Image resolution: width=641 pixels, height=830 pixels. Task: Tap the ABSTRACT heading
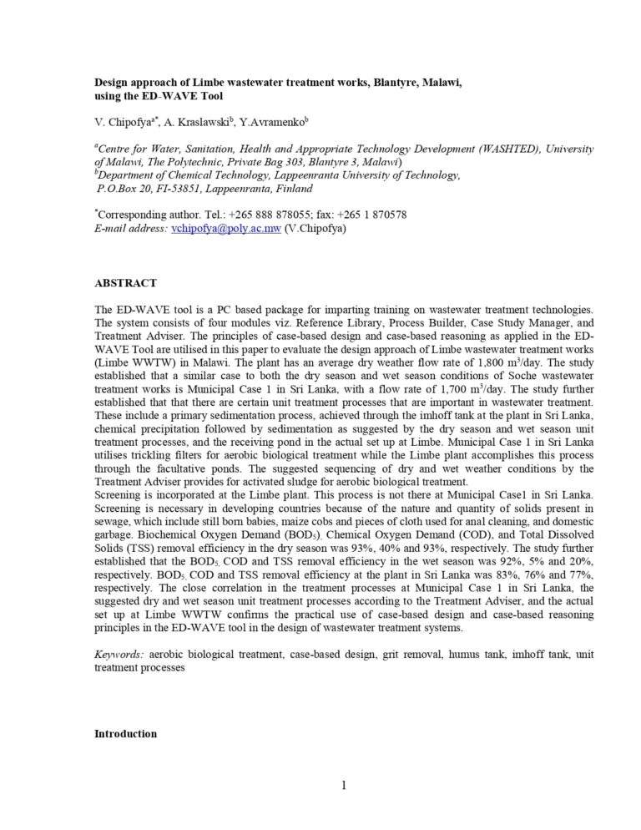coord(125,284)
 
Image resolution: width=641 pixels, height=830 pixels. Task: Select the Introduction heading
coord(125,733)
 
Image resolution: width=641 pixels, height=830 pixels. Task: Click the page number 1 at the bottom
coord(343,784)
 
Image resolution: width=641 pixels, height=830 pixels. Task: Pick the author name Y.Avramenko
coord(266,123)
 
